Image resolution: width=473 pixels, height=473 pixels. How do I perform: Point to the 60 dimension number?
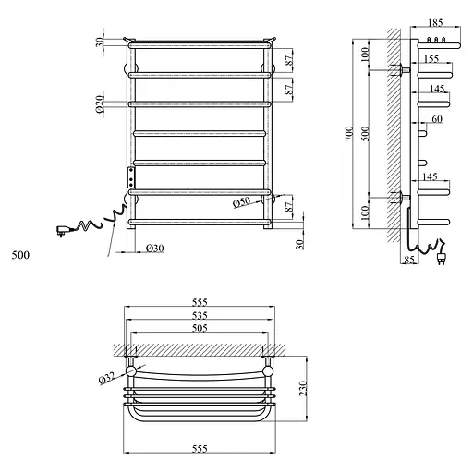(436, 119)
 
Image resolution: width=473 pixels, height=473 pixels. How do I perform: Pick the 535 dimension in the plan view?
(200, 315)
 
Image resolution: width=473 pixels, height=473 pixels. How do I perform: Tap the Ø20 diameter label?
(98, 100)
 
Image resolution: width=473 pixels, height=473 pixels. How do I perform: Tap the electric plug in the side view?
(442, 261)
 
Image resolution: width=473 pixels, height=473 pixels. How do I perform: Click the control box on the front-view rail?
(130, 176)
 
